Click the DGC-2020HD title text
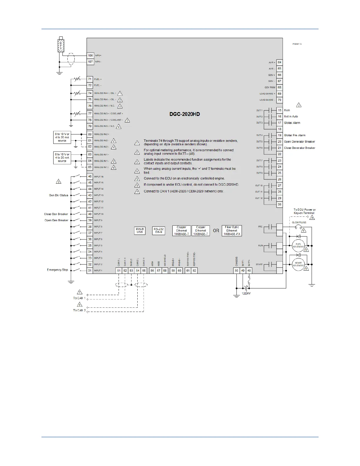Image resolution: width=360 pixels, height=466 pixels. (x=185, y=114)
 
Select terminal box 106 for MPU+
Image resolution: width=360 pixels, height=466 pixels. (x=90, y=56)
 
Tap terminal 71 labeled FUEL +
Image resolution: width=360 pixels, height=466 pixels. (x=90, y=79)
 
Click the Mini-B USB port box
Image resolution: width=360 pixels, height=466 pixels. (x=140, y=231)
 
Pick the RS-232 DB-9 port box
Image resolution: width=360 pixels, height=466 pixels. (x=159, y=231)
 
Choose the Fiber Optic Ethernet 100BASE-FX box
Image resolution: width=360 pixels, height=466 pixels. (x=232, y=231)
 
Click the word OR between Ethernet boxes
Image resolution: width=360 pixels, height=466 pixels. (x=216, y=231)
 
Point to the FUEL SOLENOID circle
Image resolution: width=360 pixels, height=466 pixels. (x=298, y=246)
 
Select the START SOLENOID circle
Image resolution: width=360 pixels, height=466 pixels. (x=298, y=264)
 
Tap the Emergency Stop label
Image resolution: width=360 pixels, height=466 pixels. (x=57, y=270)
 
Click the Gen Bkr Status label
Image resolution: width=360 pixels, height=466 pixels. (x=59, y=195)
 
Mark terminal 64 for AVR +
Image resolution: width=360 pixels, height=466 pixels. (x=279, y=62)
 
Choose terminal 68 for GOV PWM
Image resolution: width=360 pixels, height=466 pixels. (x=279, y=87)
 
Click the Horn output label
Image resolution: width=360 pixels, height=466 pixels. (x=287, y=110)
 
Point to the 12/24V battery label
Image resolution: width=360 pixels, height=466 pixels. (x=246, y=293)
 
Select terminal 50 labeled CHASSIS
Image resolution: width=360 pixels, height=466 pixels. (x=236, y=271)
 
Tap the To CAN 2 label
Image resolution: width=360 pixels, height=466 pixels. (x=79, y=310)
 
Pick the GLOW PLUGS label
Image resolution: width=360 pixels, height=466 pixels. (x=299, y=223)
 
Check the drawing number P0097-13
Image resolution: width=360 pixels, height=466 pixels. (x=297, y=44)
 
